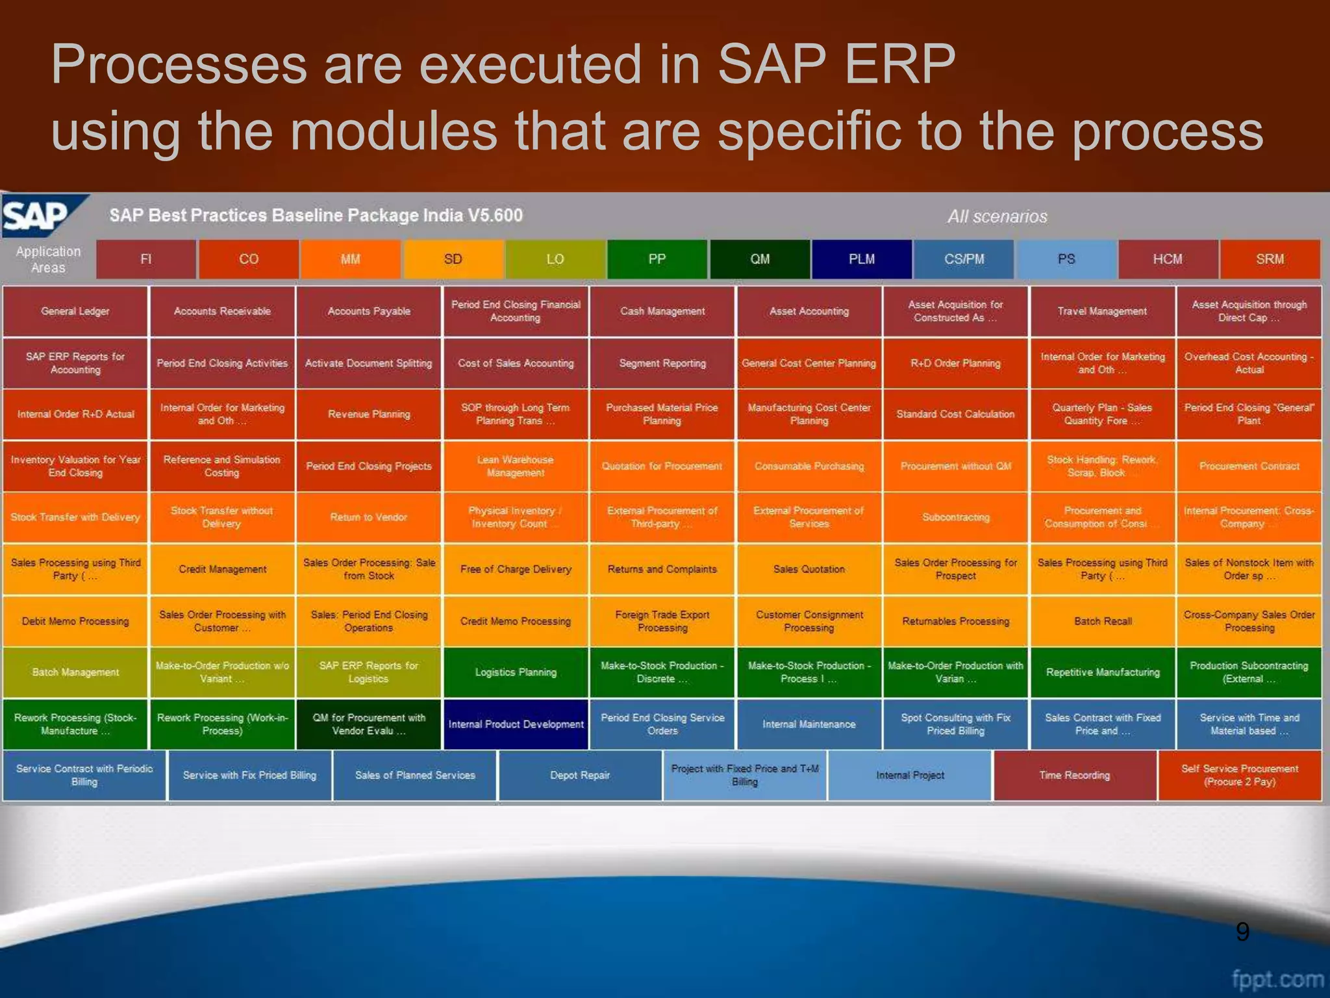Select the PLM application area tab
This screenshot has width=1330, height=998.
(x=862, y=259)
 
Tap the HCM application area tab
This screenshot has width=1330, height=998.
(x=1168, y=259)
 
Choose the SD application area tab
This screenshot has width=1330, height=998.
(x=453, y=259)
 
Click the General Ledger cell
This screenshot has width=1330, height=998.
(x=75, y=311)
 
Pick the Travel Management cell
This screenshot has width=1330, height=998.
(x=1102, y=311)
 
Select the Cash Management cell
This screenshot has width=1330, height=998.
(x=662, y=311)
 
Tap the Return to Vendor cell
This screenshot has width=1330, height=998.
(x=368, y=517)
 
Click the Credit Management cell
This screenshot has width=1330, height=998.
(x=222, y=569)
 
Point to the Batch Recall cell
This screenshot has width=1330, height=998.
(x=1102, y=621)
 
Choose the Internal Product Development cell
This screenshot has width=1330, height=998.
(x=516, y=724)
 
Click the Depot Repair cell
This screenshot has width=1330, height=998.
(x=579, y=775)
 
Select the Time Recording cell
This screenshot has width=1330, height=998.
(x=1074, y=775)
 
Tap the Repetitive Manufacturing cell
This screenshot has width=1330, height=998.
(x=1102, y=672)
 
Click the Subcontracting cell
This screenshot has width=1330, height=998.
(x=955, y=517)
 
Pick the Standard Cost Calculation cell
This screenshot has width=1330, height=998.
(x=955, y=414)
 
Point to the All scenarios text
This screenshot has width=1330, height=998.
(x=997, y=216)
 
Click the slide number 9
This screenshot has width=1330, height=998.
(x=1242, y=932)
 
